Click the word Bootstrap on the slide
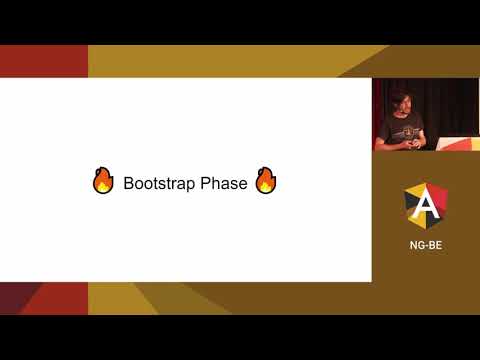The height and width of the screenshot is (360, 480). (x=158, y=184)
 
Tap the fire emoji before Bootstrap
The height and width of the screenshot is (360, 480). (x=103, y=181)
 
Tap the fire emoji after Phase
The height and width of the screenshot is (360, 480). (x=265, y=181)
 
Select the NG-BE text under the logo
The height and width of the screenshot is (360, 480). (x=425, y=244)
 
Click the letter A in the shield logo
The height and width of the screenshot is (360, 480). (x=425, y=205)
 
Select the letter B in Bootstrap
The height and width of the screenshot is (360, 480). (x=128, y=184)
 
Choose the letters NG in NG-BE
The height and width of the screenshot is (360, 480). (x=416, y=244)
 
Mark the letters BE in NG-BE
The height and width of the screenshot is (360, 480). (x=435, y=244)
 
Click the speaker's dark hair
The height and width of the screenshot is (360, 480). (x=399, y=96)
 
